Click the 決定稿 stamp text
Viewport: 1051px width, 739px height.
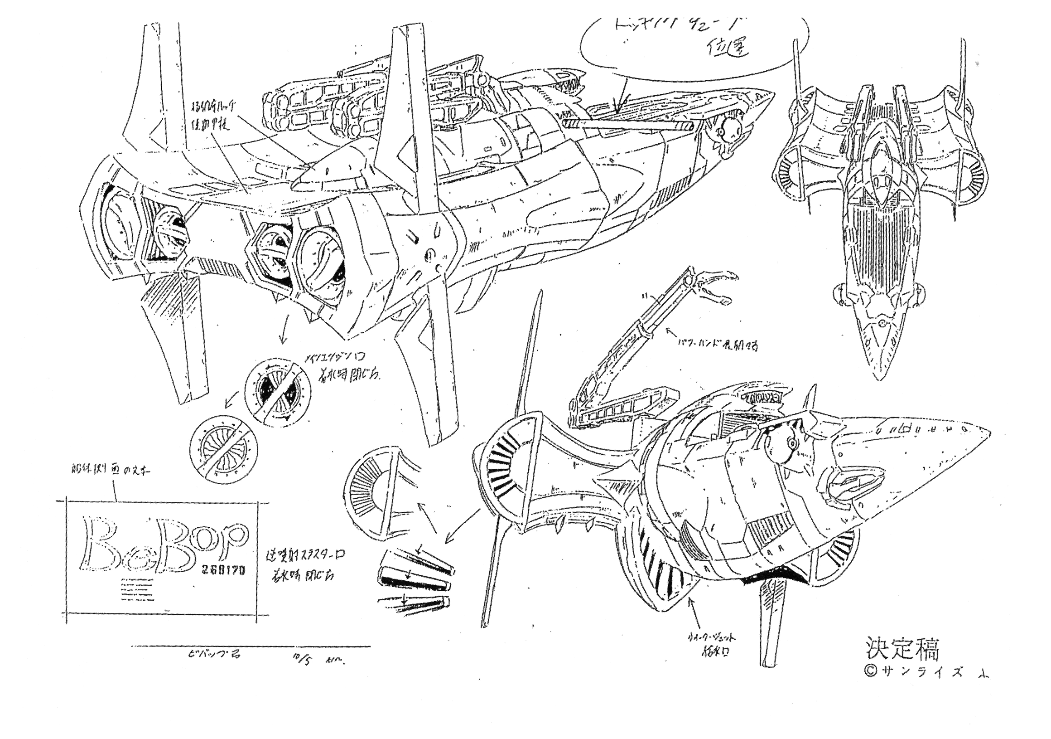pyautogui.click(x=903, y=649)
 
